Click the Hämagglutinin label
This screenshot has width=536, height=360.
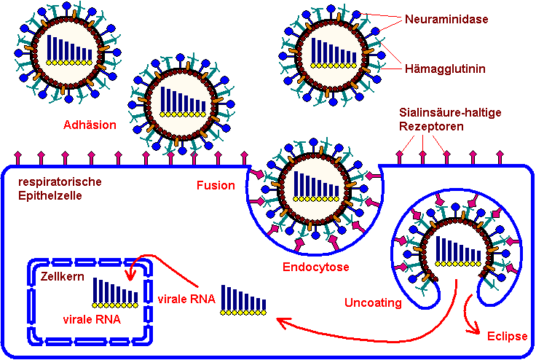[446, 69]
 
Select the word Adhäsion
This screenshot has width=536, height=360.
[90, 125]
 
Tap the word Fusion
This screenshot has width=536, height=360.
[216, 185]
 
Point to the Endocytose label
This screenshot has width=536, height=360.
[315, 267]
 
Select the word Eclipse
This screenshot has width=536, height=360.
[506, 336]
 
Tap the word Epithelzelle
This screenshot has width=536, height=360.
[51, 195]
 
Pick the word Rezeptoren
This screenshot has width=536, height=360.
[430, 127]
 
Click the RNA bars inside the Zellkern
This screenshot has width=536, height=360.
[115, 291]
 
